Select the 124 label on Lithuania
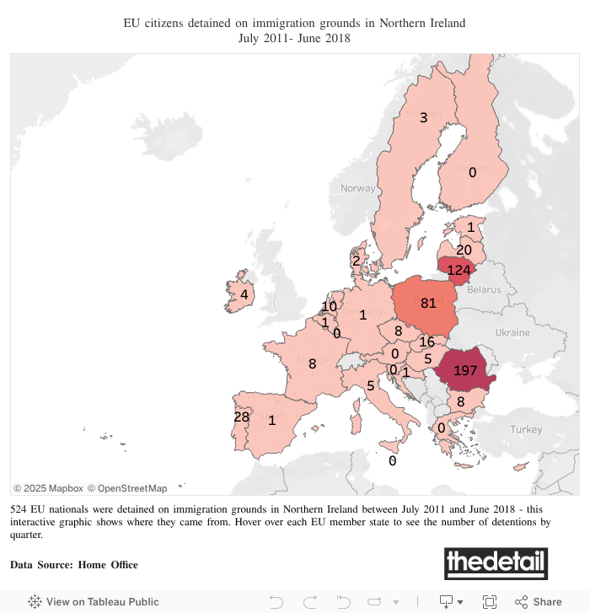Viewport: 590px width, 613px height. (x=459, y=270)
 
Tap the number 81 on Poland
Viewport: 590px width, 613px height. (x=427, y=304)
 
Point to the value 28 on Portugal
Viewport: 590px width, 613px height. (x=241, y=417)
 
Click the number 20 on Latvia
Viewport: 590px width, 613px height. (x=464, y=250)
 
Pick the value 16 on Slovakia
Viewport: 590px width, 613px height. (x=426, y=341)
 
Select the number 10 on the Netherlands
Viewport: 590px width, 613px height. (x=329, y=306)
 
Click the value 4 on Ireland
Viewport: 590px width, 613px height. (x=244, y=294)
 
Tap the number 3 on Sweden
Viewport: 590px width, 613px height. (x=424, y=117)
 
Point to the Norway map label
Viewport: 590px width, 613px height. (x=357, y=188)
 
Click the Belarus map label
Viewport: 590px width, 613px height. (x=484, y=289)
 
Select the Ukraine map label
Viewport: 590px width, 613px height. (x=513, y=332)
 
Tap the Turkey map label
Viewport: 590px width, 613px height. (x=526, y=429)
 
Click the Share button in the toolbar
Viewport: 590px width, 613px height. (x=539, y=601)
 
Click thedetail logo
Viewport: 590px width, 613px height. (x=496, y=562)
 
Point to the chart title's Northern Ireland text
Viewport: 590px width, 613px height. (x=419, y=23)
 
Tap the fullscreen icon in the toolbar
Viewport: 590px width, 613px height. (x=490, y=601)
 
